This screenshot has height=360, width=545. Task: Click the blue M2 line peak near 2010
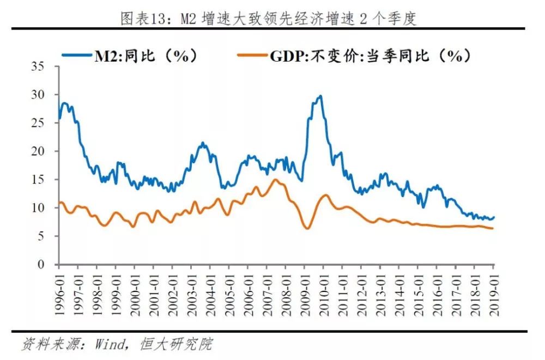pos(320,96)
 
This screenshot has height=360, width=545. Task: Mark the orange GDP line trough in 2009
pos(307,228)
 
